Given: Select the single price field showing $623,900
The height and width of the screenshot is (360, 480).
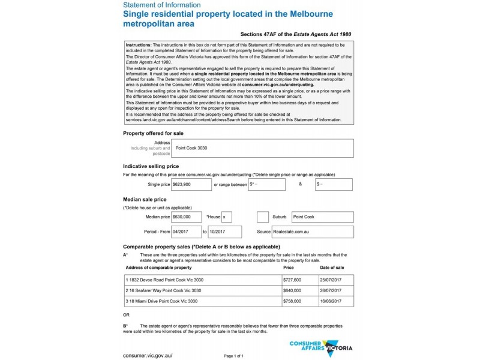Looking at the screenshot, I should click(x=190, y=184).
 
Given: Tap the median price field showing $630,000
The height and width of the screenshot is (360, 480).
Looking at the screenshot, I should click(x=186, y=216).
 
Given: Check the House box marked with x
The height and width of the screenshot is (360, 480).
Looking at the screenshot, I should click(x=226, y=216).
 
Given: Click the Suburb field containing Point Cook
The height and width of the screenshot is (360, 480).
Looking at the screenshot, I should click(x=322, y=216).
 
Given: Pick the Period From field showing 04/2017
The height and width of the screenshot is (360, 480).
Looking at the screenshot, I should click(x=186, y=231).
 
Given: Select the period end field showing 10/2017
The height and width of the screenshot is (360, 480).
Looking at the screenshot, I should click(x=225, y=231).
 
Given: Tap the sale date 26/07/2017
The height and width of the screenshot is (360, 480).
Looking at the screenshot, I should click(x=332, y=290).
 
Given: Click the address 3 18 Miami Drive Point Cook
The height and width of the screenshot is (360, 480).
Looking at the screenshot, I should click(x=161, y=301).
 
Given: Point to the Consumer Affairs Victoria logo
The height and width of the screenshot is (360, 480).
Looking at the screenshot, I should click(x=320, y=347).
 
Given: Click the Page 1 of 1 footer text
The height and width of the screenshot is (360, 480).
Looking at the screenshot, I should click(x=233, y=356).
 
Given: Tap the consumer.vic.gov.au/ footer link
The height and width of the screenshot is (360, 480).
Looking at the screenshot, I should click(x=148, y=355).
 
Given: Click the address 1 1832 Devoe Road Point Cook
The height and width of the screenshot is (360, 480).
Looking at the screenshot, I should click(x=164, y=280).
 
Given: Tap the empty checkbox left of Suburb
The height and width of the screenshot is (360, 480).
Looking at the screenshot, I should click(x=262, y=216).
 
